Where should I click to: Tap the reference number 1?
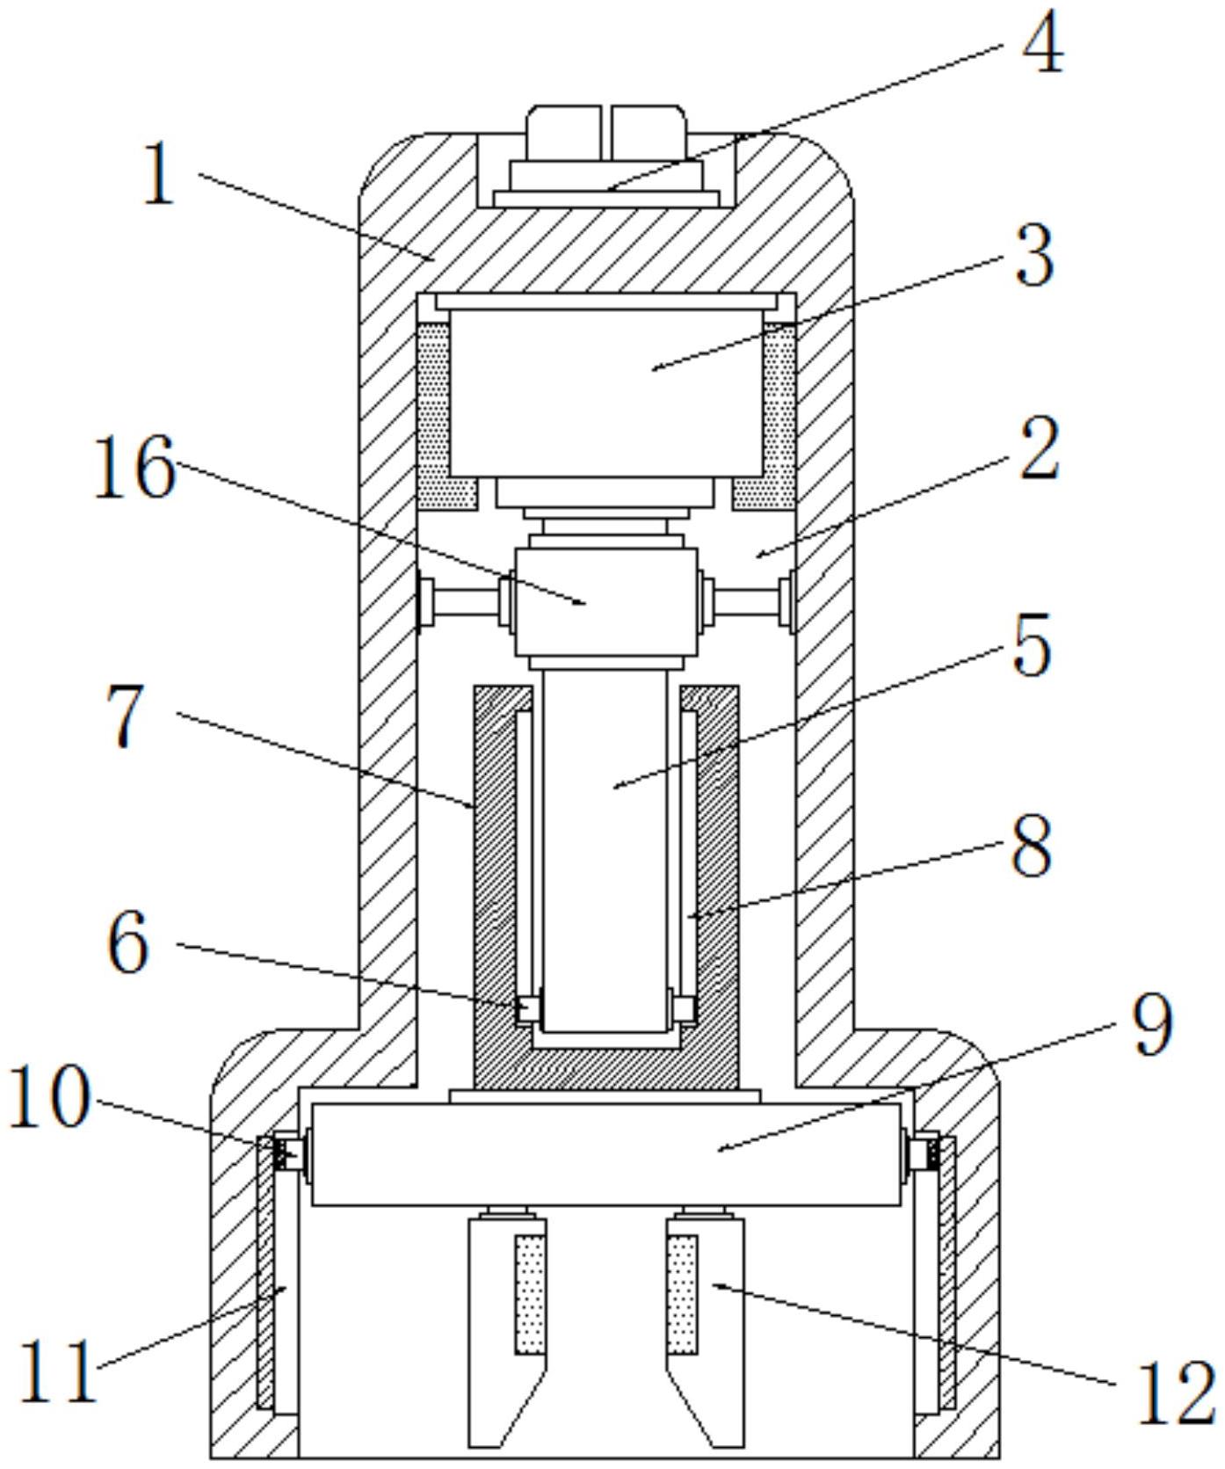point(159,176)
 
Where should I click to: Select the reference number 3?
point(1034,256)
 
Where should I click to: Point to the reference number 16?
point(134,469)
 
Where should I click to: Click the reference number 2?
point(1039,449)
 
